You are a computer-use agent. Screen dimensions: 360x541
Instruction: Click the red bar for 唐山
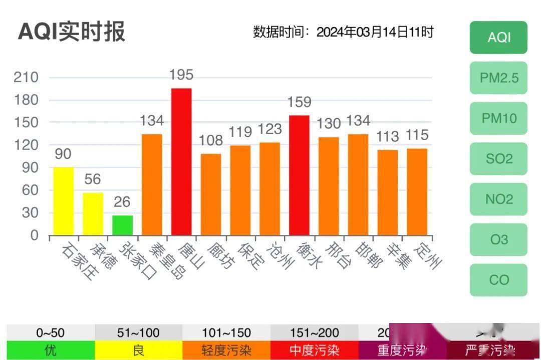tap(181, 162)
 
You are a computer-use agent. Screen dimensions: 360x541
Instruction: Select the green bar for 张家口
tap(122, 225)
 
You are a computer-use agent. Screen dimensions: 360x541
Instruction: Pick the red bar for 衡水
tap(299, 175)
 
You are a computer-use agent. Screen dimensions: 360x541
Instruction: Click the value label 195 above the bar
tap(181, 75)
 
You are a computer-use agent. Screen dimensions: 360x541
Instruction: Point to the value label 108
tap(210, 140)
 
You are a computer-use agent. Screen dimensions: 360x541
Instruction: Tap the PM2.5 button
tap(498, 78)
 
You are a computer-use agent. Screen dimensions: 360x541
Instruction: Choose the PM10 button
tap(498, 118)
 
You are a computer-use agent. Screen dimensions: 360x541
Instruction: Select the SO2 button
tap(498, 159)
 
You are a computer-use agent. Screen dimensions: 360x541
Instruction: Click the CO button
tap(498, 280)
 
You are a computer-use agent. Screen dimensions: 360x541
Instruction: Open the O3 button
tap(498, 239)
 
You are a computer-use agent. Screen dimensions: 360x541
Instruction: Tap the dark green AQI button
tap(498, 38)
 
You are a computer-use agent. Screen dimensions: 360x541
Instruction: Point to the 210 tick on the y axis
tap(27, 78)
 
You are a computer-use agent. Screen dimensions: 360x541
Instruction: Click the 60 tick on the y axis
tap(30, 190)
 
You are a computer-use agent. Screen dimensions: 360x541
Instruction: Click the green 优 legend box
tap(51, 350)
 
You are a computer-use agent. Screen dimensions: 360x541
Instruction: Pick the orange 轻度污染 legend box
tap(226, 350)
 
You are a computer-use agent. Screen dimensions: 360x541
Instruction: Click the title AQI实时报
tap(72, 32)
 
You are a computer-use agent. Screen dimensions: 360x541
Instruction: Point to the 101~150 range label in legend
tap(226, 333)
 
